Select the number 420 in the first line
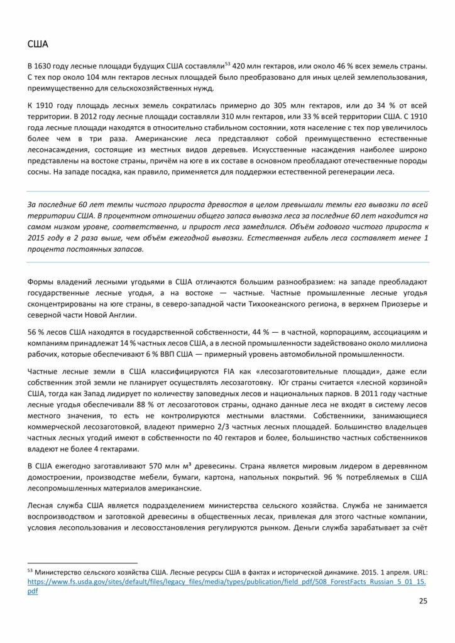click(240, 67)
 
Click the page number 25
click(422, 602)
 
